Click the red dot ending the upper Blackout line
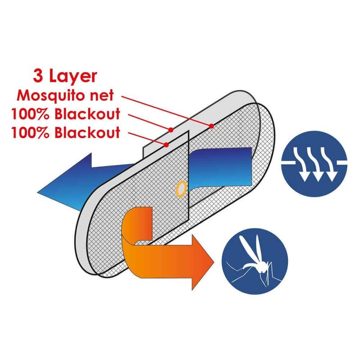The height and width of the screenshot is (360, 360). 171,130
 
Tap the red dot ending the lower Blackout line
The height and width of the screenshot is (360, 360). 167,144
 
